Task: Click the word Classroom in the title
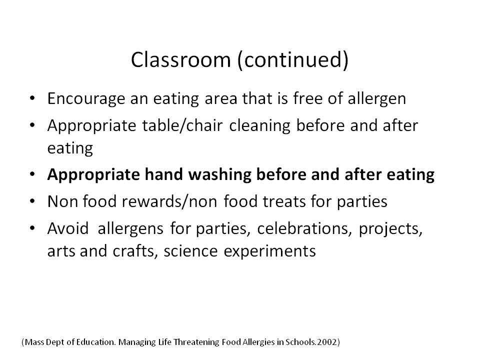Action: click(180, 59)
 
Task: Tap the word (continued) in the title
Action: click(293, 60)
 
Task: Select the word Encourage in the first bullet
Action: click(86, 99)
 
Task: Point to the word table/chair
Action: click(182, 126)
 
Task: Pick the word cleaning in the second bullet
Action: click(259, 126)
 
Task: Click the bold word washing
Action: click(219, 175)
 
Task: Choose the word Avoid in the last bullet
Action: click(68, 228)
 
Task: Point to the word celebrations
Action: click(304, 229)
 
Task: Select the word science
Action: click(190, 251)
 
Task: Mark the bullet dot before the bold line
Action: click(32, 174)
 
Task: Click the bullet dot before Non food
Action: click(32, 201)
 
